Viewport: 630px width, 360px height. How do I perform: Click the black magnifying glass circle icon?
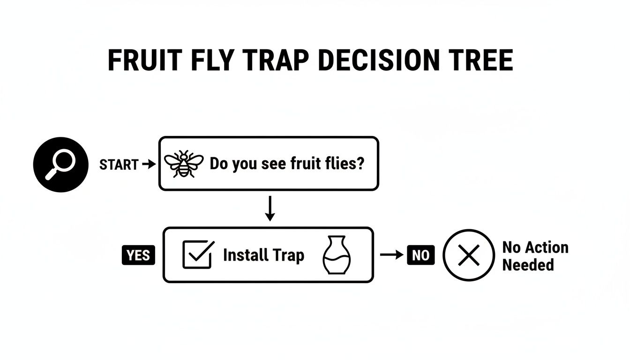60,164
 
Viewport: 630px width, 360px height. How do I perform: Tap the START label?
119,165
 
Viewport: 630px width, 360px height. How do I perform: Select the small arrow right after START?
148,164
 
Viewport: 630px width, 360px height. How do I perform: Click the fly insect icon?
184,164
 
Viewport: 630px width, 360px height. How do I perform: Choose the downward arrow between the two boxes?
269,209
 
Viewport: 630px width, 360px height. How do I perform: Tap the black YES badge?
138,255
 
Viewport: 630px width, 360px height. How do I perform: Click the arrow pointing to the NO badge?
391,255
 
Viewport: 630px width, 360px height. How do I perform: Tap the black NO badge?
420,255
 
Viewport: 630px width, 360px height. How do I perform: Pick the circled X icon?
469,255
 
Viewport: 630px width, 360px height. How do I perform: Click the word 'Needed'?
528,265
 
